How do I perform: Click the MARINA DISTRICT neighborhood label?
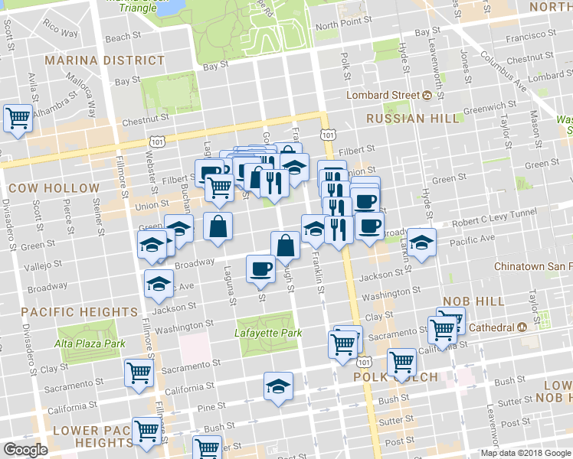coord(104,60)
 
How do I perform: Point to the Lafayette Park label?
coord(268,333)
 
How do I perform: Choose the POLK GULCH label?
coord(395,378)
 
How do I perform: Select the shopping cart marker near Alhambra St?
coord(18,119)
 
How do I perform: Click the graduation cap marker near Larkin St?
coord(421,242)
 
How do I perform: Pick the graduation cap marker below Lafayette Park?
coord(279,385)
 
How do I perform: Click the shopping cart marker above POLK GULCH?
coord(401,362)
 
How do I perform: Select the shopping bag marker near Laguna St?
coord(218,226)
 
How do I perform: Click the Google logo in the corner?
coord(25,450)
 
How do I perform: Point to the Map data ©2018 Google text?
coord(525,453)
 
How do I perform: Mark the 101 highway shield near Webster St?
coord(157,142)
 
